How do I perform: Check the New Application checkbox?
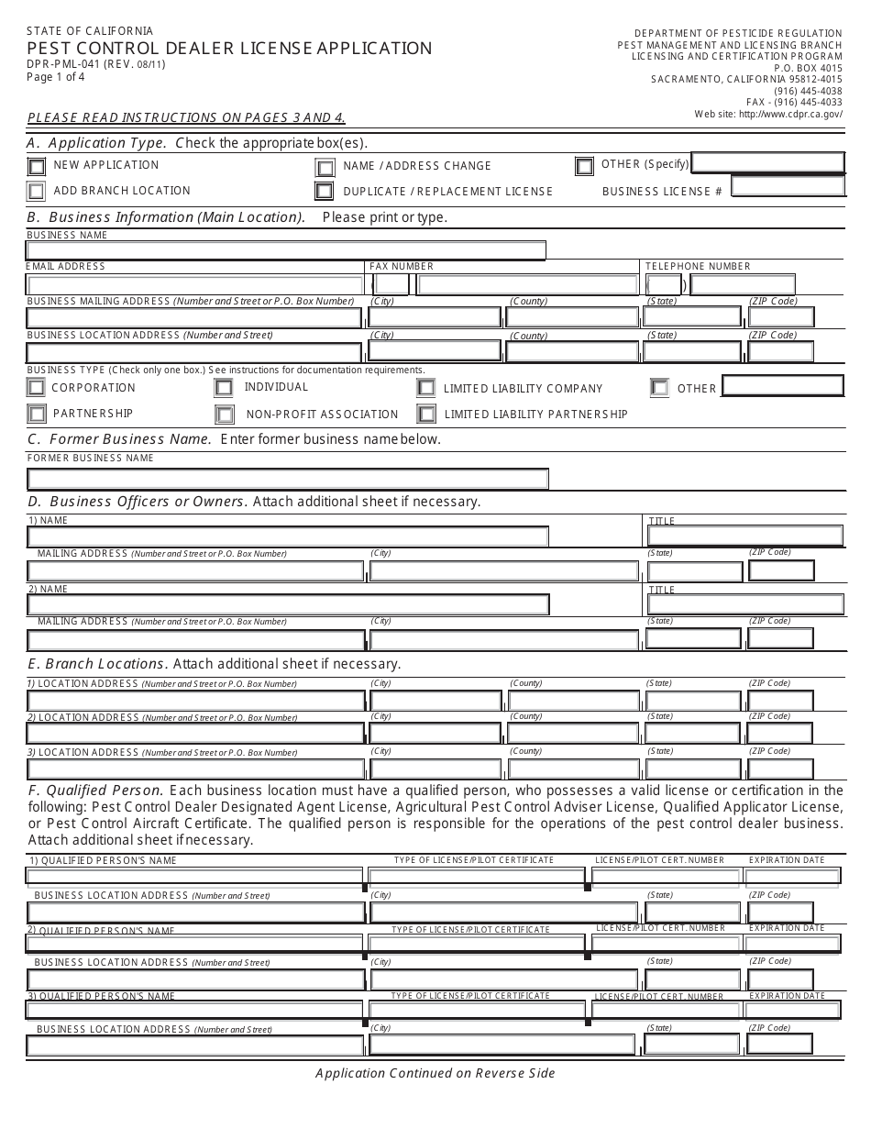[x=36, y=167]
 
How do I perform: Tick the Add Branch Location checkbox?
[x=36, y=192]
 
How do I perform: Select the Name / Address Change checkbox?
[x=325, y=168]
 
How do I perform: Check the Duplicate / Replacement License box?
[x=324, y=192]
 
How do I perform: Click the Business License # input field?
[x=788, y=187]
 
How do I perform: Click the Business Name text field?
[x=286, y=250]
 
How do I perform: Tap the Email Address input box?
[x=195, y=285]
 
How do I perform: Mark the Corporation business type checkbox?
[x=36, y=388]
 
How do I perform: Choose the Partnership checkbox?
[x=36, y=414]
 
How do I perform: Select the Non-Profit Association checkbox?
[x=225, y=415]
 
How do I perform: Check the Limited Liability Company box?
[x=425, y=388]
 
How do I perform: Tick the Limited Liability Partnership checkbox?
[x=425, y=414]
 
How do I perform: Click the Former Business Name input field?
[x=288, y=479]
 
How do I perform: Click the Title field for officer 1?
[x=745, y=536]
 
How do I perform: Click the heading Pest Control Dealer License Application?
[x=229, y=49]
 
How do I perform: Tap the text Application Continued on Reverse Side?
[x=435, y=1073]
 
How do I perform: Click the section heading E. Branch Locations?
[x=96, y=663]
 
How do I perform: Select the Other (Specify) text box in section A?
[x=767, y=163]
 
